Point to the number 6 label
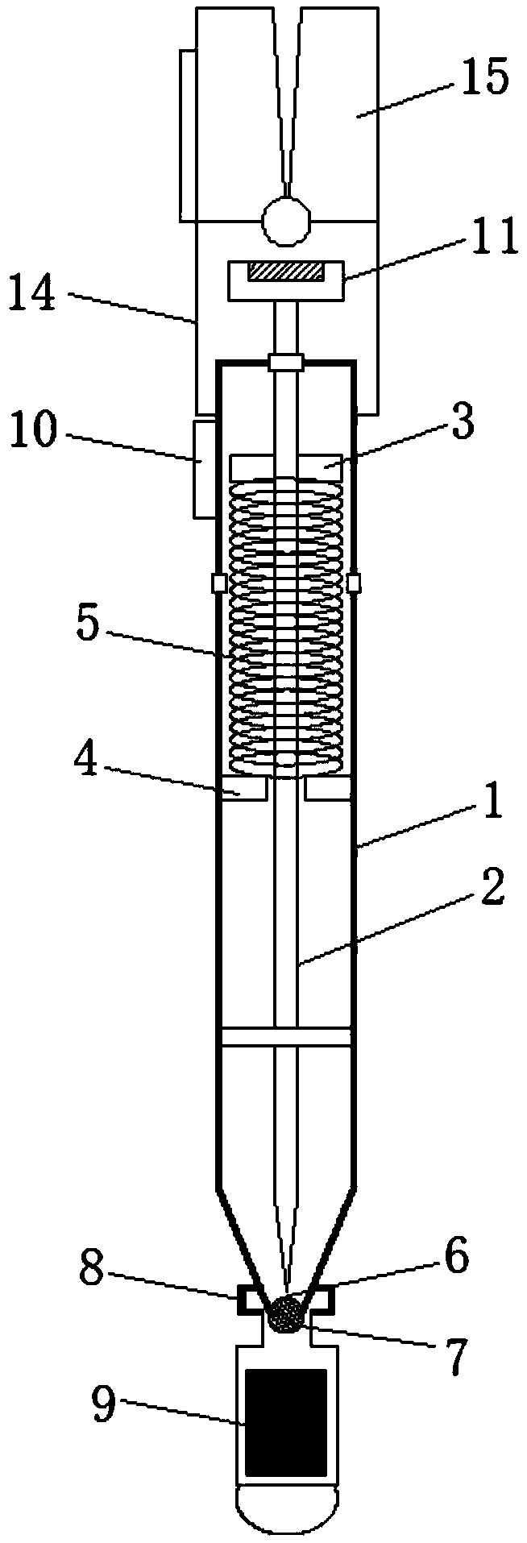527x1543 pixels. point(455,1259)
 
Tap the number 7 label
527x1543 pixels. point(456,1359)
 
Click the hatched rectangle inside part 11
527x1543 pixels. point(286,273)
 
